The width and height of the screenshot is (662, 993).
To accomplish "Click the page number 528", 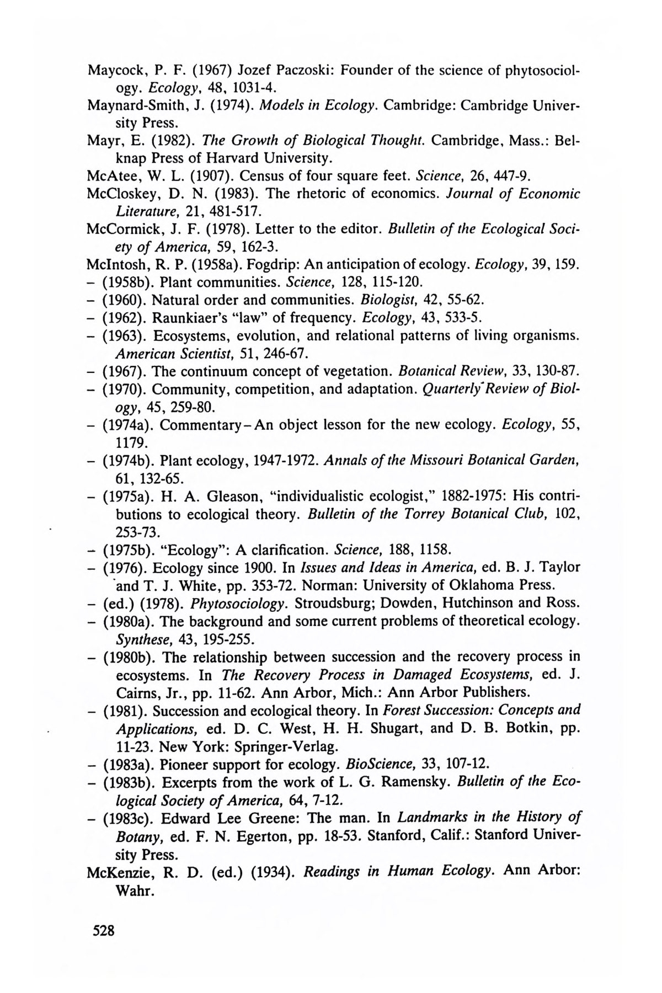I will [x=104, y=931].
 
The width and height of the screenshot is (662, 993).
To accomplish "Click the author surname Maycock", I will [x=114, y=71].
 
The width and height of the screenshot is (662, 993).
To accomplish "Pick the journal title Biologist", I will [x=382, y=300].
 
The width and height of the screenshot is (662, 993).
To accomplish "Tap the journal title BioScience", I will [x=379, y=764].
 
